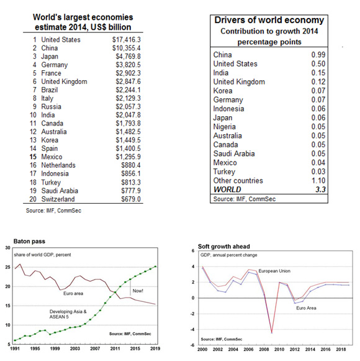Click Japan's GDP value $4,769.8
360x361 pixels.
pos(128,57)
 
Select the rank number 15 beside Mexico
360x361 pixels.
pos(33,157)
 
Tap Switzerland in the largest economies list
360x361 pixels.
pos(58,199)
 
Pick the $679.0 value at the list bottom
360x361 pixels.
pos(131,199)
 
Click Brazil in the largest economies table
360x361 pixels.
pos(50,90)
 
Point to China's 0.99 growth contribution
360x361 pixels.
pos(318,55)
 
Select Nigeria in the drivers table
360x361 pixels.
pos(224,127)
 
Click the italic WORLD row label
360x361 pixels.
pos(227,190)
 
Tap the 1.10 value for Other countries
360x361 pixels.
pos(318,180)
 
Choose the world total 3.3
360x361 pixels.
pos(320,190)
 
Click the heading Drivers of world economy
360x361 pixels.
pos(269,20)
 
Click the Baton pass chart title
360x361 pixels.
pos(29,241)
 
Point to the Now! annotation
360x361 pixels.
pos(138,291)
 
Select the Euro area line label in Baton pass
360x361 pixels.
pos(73,293)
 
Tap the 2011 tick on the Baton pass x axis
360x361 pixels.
pos(115,349)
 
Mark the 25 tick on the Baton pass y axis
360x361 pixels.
pos(8,267)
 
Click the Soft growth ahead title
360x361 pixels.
pos(224,246)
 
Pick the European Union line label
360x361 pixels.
pos(274,271)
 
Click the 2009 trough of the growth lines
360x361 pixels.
pos(272,332)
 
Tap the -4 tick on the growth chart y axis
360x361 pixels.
pos(193,329)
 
